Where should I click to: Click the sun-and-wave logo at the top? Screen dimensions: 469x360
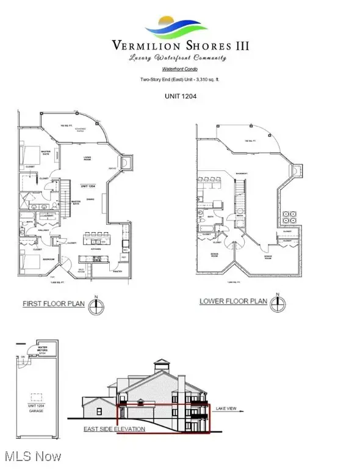coord(178,27)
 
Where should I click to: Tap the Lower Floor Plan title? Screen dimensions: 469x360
coord(233,302)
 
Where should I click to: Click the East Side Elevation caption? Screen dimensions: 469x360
coord(114,429)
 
